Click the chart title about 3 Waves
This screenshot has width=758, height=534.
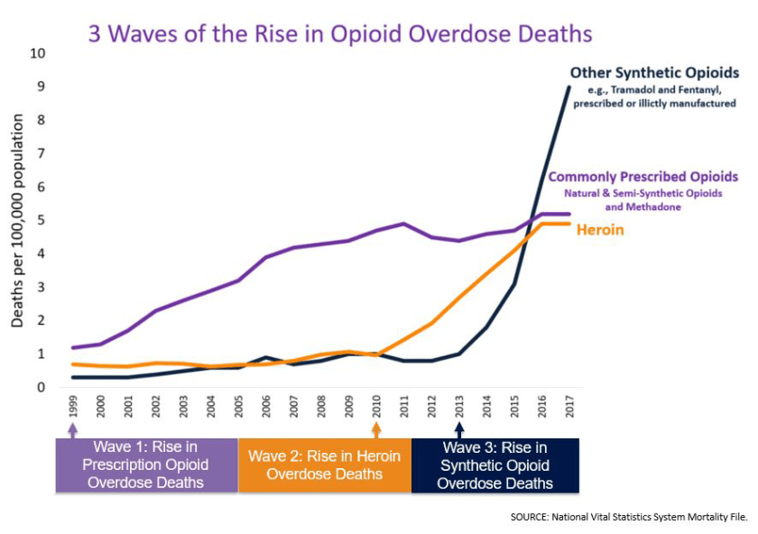point(339,33)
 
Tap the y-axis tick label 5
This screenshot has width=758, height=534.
point(42,221)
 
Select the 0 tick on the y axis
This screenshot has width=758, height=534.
point(42,388)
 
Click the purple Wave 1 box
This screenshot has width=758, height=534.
point(146,465)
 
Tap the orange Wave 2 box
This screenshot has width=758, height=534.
point(325,465)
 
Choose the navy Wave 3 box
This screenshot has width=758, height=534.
point(495,465)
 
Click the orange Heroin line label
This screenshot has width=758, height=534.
point(601,231)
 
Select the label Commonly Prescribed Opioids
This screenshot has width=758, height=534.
point(643,177)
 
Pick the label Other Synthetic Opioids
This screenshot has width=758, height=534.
point(654,72)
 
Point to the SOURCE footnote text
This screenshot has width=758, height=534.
point(628,517)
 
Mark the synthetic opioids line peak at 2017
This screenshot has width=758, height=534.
point(569,87)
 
